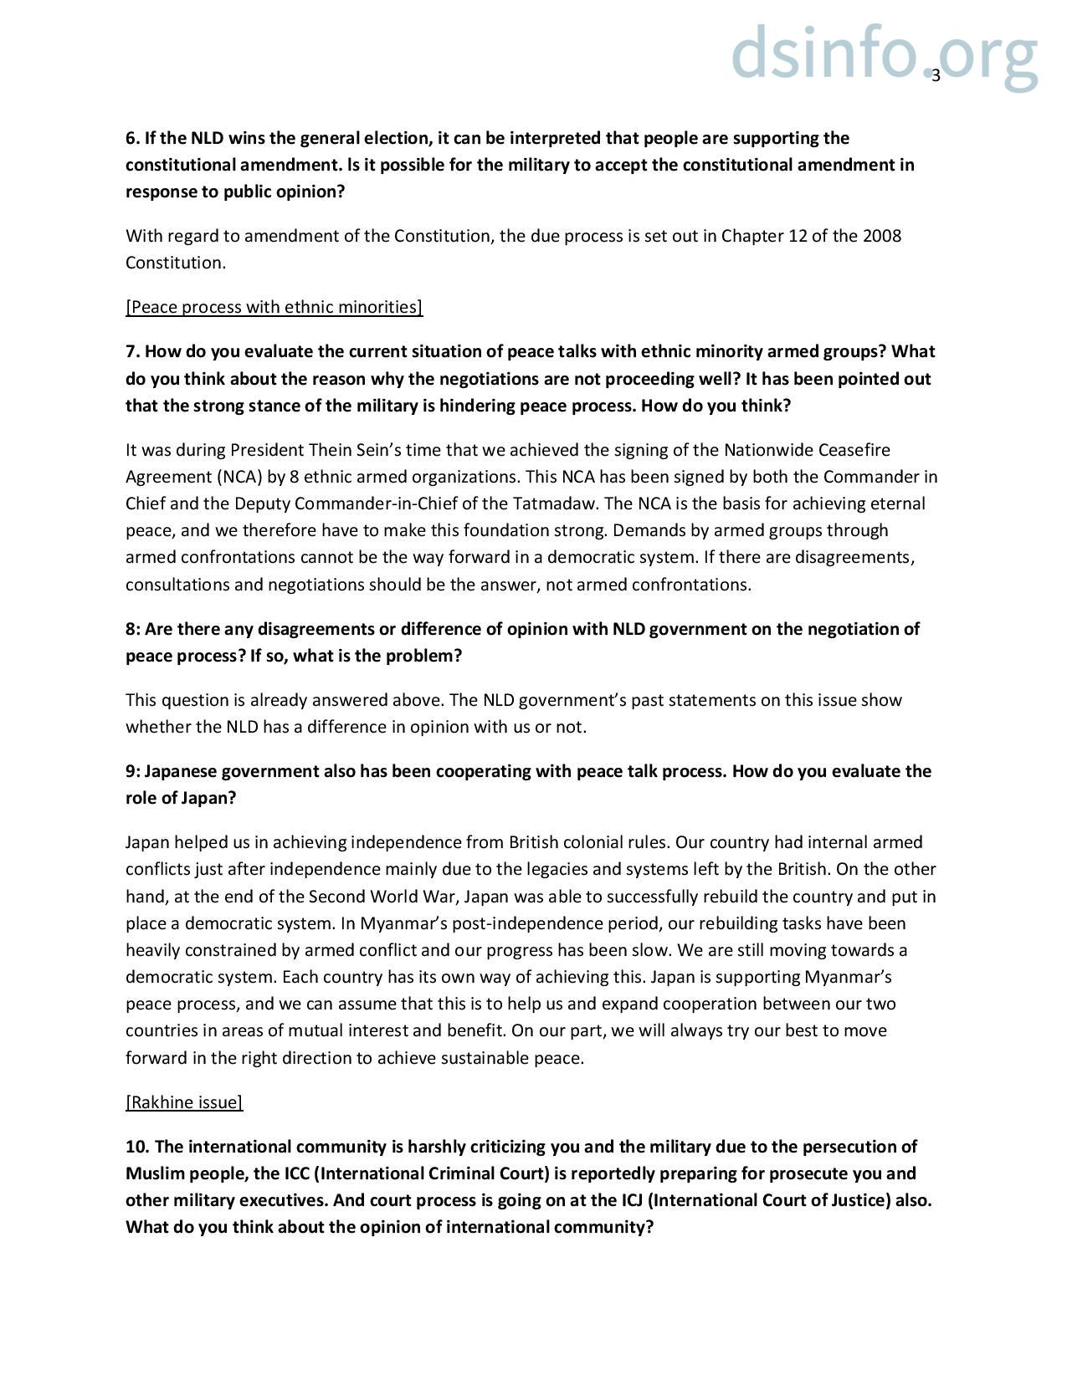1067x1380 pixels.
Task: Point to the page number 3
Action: (936, 76)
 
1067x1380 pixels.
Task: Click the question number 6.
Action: (132, 138)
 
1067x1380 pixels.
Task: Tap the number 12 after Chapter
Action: (798, 236)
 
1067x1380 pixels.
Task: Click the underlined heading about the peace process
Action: (274, 307)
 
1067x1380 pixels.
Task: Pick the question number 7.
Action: (132, 351)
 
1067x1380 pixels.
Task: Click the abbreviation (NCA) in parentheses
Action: (220, 477)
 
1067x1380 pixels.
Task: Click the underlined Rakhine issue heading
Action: (184, 1102)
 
